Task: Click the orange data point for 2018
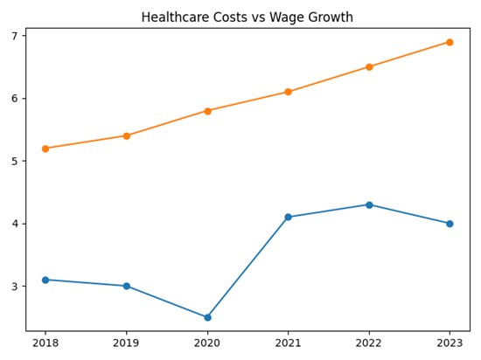click(45, 149)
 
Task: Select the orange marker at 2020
click(207, 111)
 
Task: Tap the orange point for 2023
click(450, 42)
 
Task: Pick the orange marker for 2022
click(369, 66)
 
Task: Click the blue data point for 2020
click(207, 317)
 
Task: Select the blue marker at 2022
click(369, 204)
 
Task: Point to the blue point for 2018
click(45, 280)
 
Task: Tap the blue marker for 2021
click(288, 217)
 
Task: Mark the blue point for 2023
click(450, 224)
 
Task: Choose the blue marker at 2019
click(127, 286)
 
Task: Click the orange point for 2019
click(127, 135)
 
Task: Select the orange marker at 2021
click(288, 92)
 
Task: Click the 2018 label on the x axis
click(45, 343)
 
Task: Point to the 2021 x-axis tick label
click(288, 343)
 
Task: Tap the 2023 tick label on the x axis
click(450, 343)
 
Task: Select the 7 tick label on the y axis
click(14, 36)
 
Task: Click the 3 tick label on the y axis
click(14, 286)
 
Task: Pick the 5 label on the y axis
click(14, 161)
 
